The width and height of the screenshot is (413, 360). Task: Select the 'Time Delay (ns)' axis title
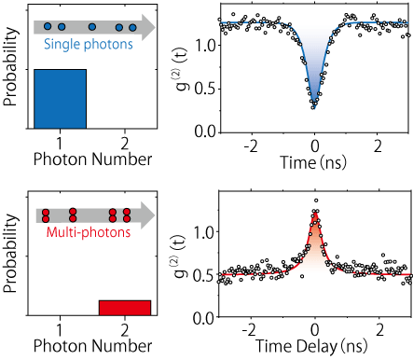pos(315,346)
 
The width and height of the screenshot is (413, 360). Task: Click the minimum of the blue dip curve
pos(315,106)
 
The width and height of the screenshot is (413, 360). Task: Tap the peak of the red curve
pos(315,213)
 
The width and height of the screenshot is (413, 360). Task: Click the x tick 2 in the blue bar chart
pos(124,143)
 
